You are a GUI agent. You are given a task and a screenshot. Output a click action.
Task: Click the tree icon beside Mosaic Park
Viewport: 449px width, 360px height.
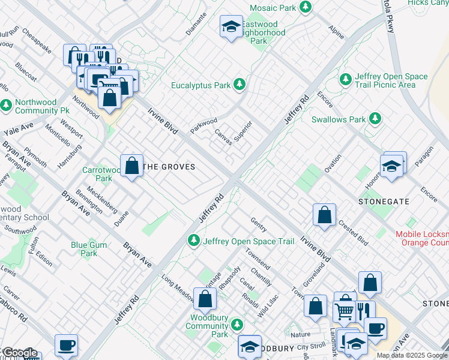click(x=306, y=7)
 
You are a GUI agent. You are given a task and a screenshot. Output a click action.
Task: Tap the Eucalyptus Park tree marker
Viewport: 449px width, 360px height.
click(x=240, y=85)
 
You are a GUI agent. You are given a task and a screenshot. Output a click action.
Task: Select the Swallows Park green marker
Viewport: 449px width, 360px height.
click(x=375, y=119)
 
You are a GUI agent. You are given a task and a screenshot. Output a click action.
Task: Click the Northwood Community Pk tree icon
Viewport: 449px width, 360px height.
click(x=7, y=106)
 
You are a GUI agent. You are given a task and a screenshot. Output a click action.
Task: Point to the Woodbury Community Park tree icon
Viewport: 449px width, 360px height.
click(x=238, y=325)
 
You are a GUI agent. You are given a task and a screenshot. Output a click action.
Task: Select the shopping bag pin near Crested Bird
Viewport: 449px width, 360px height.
click(x=324, y=215)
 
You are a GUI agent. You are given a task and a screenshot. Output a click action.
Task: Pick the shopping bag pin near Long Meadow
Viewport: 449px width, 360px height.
click(x=205, y=298)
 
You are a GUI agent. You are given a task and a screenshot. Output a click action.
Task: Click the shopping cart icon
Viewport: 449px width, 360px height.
click(x=343, y=311)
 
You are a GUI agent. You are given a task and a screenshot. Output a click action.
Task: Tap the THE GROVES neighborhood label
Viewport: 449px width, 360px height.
click(x=170, y=167)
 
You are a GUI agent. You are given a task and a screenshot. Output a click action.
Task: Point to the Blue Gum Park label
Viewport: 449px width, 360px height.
click(x=89, y=249)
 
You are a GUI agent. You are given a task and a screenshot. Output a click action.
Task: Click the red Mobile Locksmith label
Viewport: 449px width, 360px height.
click(x=422, y=238)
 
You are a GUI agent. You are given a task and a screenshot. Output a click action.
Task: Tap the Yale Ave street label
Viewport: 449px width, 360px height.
click(x=19, y=128)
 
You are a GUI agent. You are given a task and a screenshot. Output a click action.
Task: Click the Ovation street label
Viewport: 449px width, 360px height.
click(x=333, y=164)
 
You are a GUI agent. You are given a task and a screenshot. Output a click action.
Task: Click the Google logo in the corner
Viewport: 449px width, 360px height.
click(x=19, y=353)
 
